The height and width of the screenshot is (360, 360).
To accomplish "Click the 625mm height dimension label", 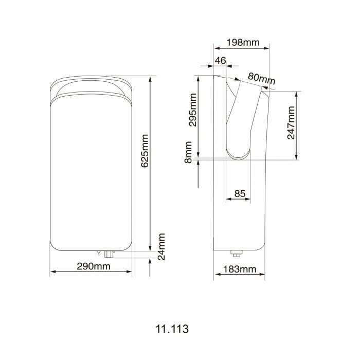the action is coord(145,151).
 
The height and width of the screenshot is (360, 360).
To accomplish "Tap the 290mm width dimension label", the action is coord(94,266).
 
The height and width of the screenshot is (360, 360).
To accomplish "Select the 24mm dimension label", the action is coord(161,246).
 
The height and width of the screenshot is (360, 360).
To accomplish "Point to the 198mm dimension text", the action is coord(243,42).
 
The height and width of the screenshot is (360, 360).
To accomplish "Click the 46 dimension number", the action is coord(221,60).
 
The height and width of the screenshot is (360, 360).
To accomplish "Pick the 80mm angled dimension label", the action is coord(261,78).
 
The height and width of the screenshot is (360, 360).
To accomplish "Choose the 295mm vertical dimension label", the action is coord(193,110).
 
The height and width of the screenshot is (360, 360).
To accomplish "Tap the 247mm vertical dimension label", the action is coord(291,122).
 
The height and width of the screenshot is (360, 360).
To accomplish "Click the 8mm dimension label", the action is coord(188,152).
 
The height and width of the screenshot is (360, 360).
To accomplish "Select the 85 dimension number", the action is coord(240,193).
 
